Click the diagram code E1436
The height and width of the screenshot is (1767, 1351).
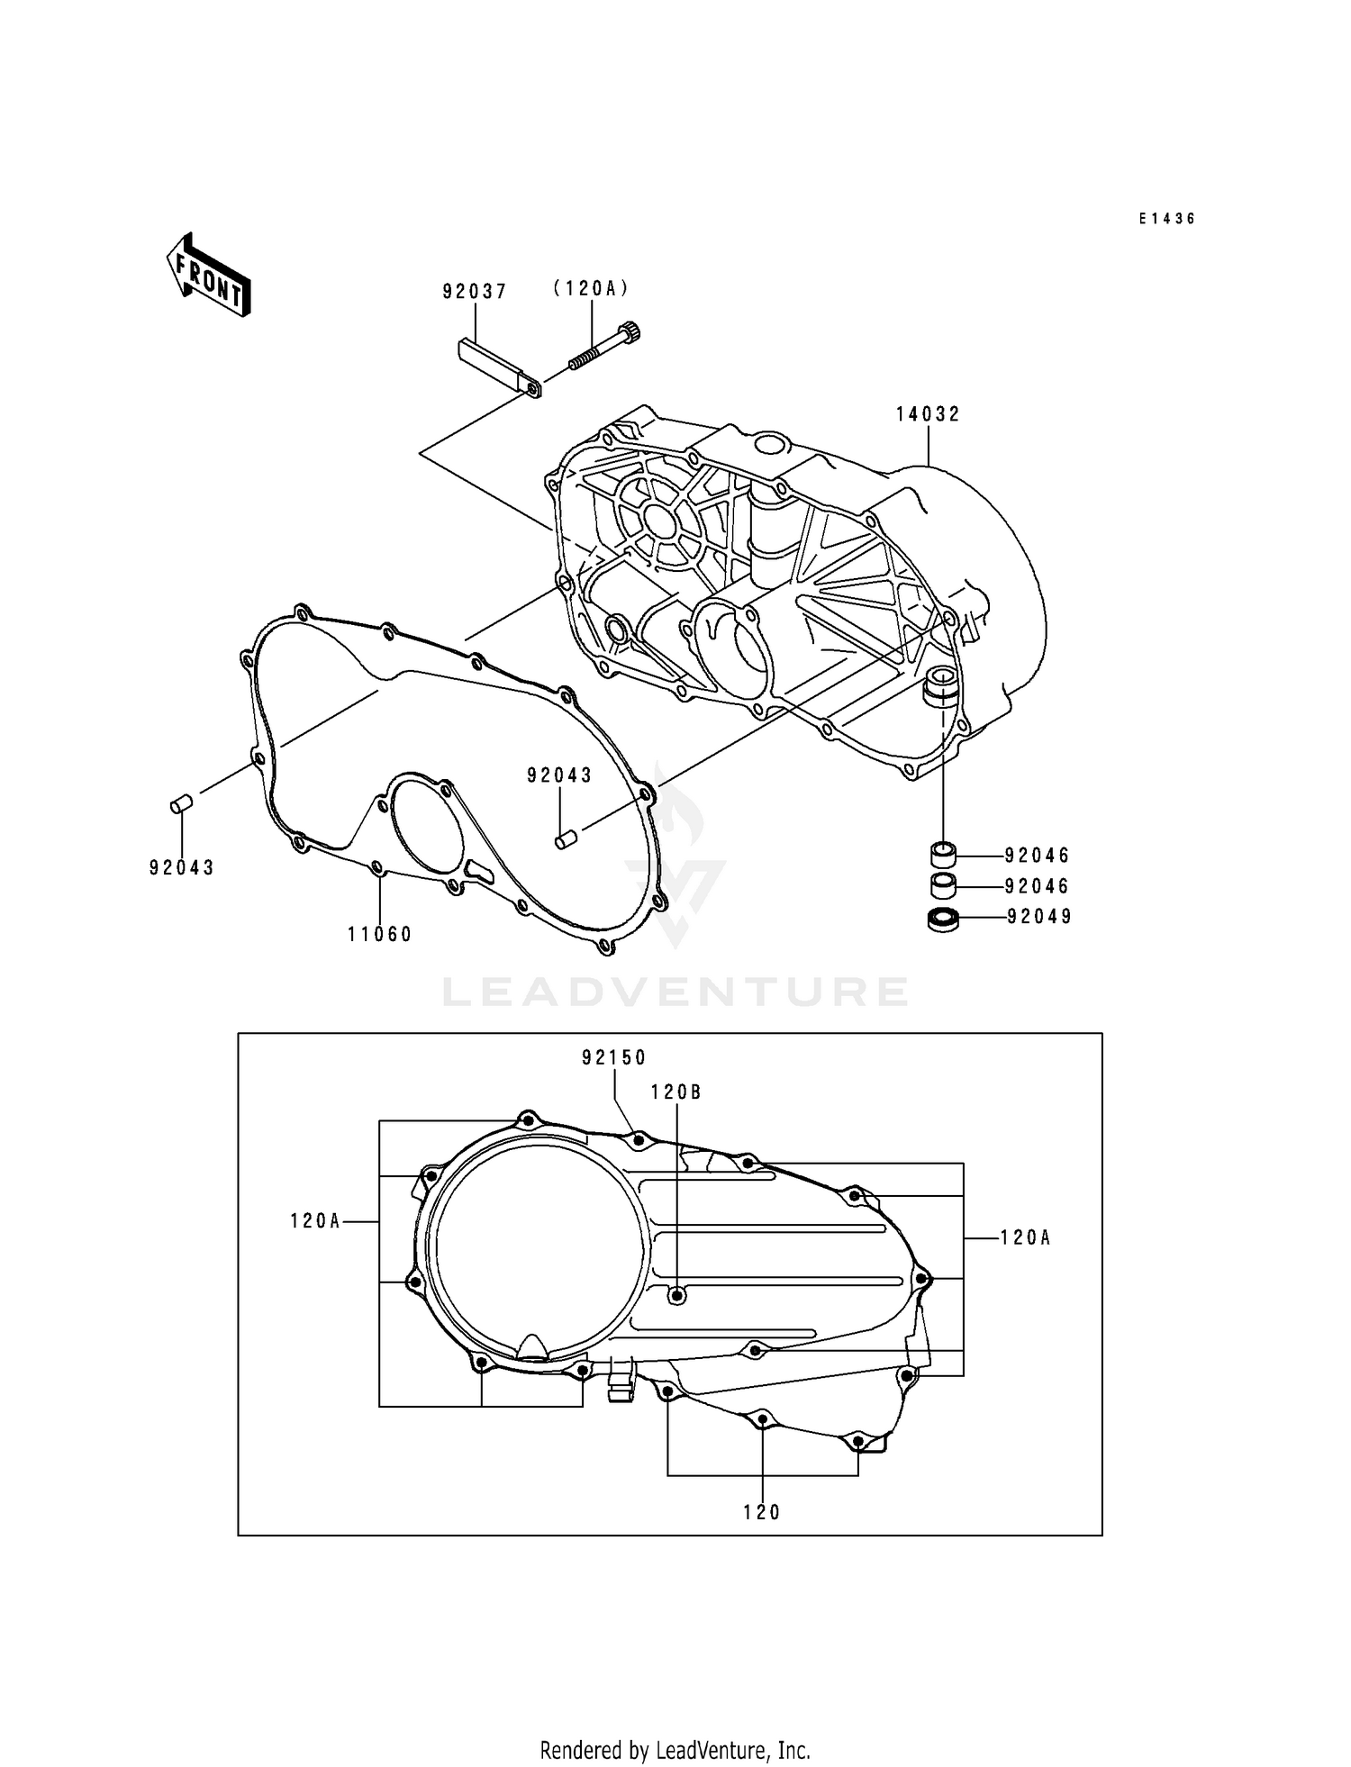pos(1166,219)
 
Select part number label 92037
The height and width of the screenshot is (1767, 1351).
pos(475,292)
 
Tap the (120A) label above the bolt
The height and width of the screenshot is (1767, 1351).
pos(591,288)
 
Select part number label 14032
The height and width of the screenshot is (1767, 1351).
pos(928,414)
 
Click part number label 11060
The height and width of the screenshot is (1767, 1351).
pos(380,935)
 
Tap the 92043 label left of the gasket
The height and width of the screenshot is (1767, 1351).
pos(182,868)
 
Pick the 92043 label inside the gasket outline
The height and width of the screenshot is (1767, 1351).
pos(559,775)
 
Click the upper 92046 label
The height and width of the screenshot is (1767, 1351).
pos(1038,855)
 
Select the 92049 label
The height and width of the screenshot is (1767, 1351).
pos(1039,917)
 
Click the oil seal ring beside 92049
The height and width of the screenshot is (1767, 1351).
pos(942,920)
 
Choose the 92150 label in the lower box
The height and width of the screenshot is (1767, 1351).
pos(614,1058)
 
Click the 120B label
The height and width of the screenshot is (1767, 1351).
pos(676,1092)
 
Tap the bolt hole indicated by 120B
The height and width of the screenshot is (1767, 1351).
pos(677,1294)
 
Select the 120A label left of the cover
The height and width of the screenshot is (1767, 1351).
pos(315,1221)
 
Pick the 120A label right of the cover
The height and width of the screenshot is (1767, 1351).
pos(1026,1238)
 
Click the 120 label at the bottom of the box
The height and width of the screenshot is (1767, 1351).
pos(762,1513)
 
